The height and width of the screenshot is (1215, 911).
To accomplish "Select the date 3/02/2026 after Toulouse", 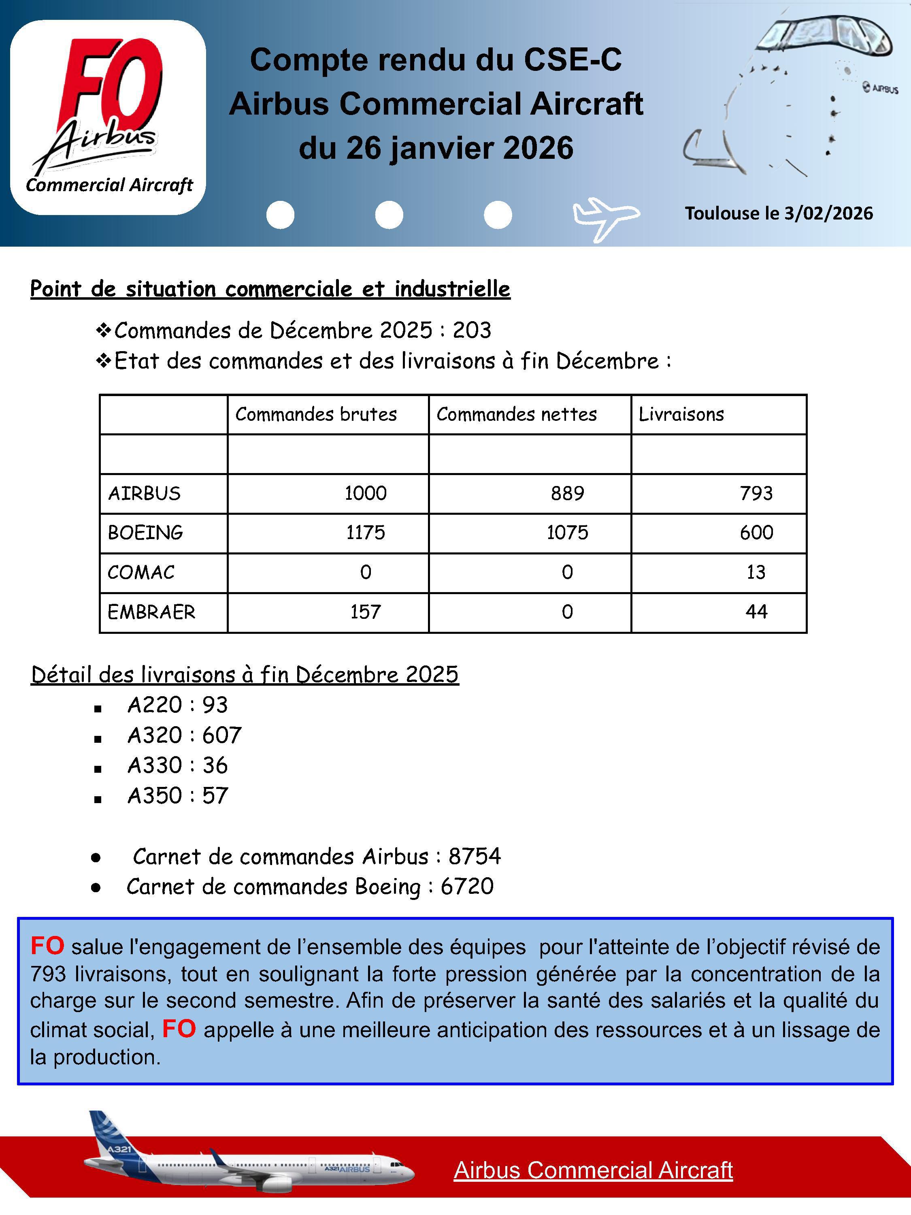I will [x=828, y=213].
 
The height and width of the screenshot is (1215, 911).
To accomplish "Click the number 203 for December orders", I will [x=472, y=330].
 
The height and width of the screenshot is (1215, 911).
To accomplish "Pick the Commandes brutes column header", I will [x=316, y=414].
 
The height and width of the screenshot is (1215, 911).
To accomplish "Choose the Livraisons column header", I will [x=681, y=414].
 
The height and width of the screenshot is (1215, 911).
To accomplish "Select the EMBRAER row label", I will [x=151, y=612].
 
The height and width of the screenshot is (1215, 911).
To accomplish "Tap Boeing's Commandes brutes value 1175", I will [x=365, y=532].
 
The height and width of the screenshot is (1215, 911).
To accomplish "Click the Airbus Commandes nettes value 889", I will [x=567, y=493].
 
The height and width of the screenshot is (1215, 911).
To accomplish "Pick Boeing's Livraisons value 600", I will [x=756, y=532].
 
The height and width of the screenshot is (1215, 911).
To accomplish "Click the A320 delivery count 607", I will [x=222, y=735].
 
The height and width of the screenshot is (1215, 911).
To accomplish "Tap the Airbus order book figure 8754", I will [x=475, y=856].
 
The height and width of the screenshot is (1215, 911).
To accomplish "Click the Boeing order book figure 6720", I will [x=467, y=887].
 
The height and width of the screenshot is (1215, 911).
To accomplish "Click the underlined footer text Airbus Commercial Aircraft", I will [x=593, y=1170].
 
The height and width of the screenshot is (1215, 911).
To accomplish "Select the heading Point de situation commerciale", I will [x=270, y=289].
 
